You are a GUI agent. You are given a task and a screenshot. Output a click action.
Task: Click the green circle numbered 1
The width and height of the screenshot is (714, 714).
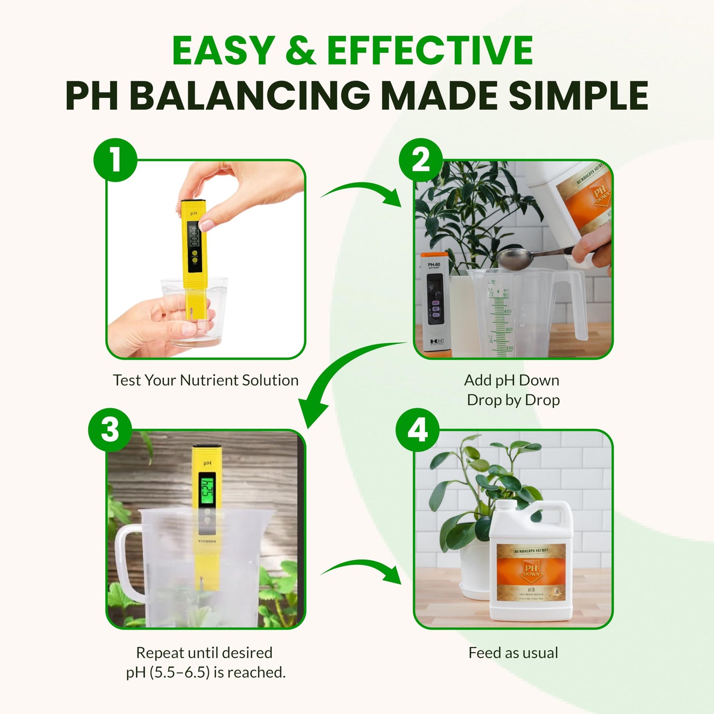click(x=115, y=160)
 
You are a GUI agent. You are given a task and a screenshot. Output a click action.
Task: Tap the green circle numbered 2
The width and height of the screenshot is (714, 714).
click(x=420, y=160)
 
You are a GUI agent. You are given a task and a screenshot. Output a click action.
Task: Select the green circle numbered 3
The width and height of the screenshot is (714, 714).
click(x=110, y=429)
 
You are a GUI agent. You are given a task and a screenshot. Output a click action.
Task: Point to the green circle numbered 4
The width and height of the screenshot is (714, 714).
click(x=418, y=429)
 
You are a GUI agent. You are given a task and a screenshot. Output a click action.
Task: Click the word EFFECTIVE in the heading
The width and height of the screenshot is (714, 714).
click(x=429, y=51)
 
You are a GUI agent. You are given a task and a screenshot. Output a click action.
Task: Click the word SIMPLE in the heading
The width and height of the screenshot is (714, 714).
click(x=579, y=95)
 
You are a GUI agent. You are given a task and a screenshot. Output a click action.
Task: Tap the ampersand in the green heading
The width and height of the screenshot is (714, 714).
click(x=300, y=51)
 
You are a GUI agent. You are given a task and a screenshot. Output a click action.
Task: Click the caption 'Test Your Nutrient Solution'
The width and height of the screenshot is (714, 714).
click(x=206, y=380)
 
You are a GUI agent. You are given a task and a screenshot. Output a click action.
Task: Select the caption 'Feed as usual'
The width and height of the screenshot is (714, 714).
click(x=513, y=653)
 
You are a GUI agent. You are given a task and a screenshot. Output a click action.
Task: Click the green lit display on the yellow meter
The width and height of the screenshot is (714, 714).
click(x=207, y=487)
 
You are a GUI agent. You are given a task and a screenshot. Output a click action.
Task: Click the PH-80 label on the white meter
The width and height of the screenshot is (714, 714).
click(x=434, y=265)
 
